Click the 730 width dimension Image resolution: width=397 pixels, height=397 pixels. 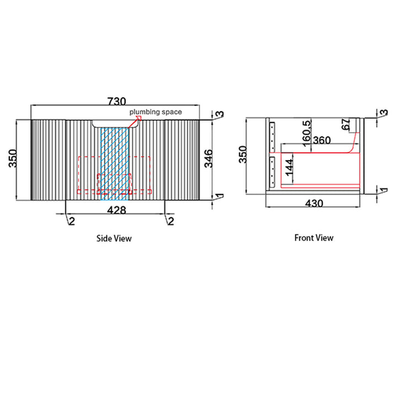point(117,101)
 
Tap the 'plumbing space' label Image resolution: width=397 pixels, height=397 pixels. point(155,112)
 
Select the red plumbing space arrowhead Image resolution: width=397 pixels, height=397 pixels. point(138,118)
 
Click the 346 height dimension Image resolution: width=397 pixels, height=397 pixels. point(208,158)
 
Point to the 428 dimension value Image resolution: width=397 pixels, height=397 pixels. point(116,210)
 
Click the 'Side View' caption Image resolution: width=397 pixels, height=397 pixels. point(114,238)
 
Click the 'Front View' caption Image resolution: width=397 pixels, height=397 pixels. point(314,238)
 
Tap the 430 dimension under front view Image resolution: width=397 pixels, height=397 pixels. point(314,203)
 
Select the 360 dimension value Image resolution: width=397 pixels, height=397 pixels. point(322,140)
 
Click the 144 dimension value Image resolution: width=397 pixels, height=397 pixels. point(289,168)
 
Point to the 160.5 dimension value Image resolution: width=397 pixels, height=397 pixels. point(307,133)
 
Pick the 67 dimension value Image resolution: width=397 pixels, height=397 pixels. point(346,124)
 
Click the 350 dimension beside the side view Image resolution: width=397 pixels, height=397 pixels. point(13,158)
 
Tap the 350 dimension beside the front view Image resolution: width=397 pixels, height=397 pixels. point(243,154)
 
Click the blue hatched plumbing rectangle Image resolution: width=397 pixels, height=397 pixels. point(115,164)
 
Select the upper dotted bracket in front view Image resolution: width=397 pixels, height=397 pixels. point(272,137)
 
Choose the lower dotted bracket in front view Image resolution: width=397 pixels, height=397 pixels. point(272,172)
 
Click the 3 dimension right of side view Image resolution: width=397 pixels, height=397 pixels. point(221,114)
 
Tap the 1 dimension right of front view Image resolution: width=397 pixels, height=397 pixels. point(384,190)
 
